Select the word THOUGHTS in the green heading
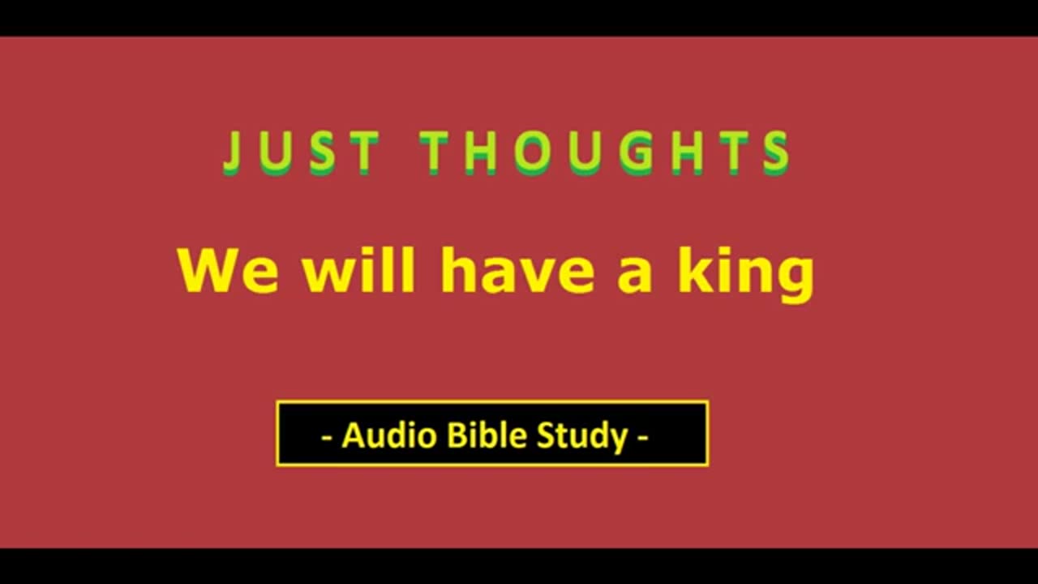coord(606,153)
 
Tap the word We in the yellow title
coord(229,271)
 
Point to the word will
coord(359,270)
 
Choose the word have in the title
coord(517,270)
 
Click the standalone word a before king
coord(635,277)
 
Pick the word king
coord(747,274)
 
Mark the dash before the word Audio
coord(327,438)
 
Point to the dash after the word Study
coord(643,438)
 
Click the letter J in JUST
coord(233,153)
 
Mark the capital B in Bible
coord(457,436)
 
